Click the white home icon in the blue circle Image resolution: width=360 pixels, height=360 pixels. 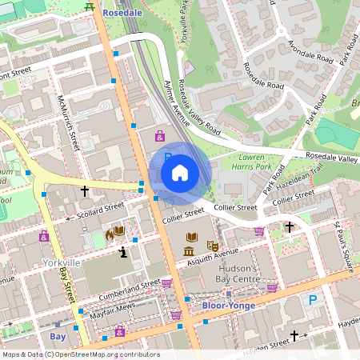[180, 172]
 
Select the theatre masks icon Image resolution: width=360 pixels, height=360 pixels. [212, 246]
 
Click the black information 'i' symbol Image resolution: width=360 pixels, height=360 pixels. [122, 253]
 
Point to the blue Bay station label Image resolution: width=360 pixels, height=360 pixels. [58, 337]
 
